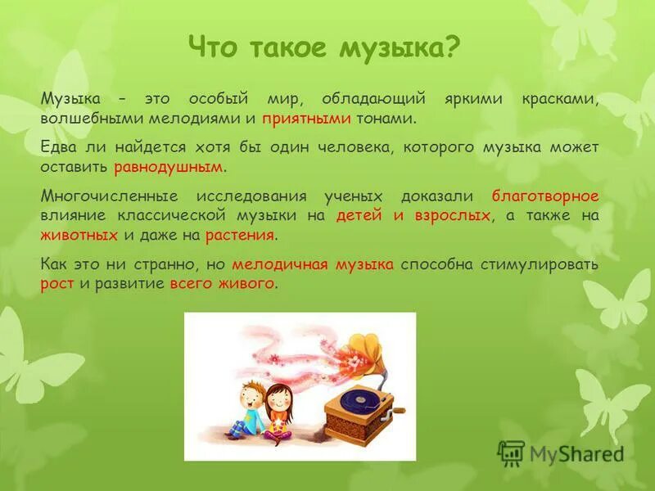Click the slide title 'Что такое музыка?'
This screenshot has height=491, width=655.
[x=324, y=47]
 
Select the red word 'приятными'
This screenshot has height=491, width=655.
[x=307, y=119]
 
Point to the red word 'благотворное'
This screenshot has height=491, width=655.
[x=545, y=196]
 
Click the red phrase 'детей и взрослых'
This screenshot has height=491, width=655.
[x=413, y=215]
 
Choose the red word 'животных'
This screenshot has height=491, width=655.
[x=79, y=235]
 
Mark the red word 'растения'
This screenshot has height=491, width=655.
[x=241, y=235]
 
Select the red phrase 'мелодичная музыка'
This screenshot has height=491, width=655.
[x=313, y=264]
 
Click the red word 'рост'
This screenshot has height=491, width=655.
[x=57, y=284]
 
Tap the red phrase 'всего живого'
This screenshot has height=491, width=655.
[x=222, y=284]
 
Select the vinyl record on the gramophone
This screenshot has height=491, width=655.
[x=358, y=400]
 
